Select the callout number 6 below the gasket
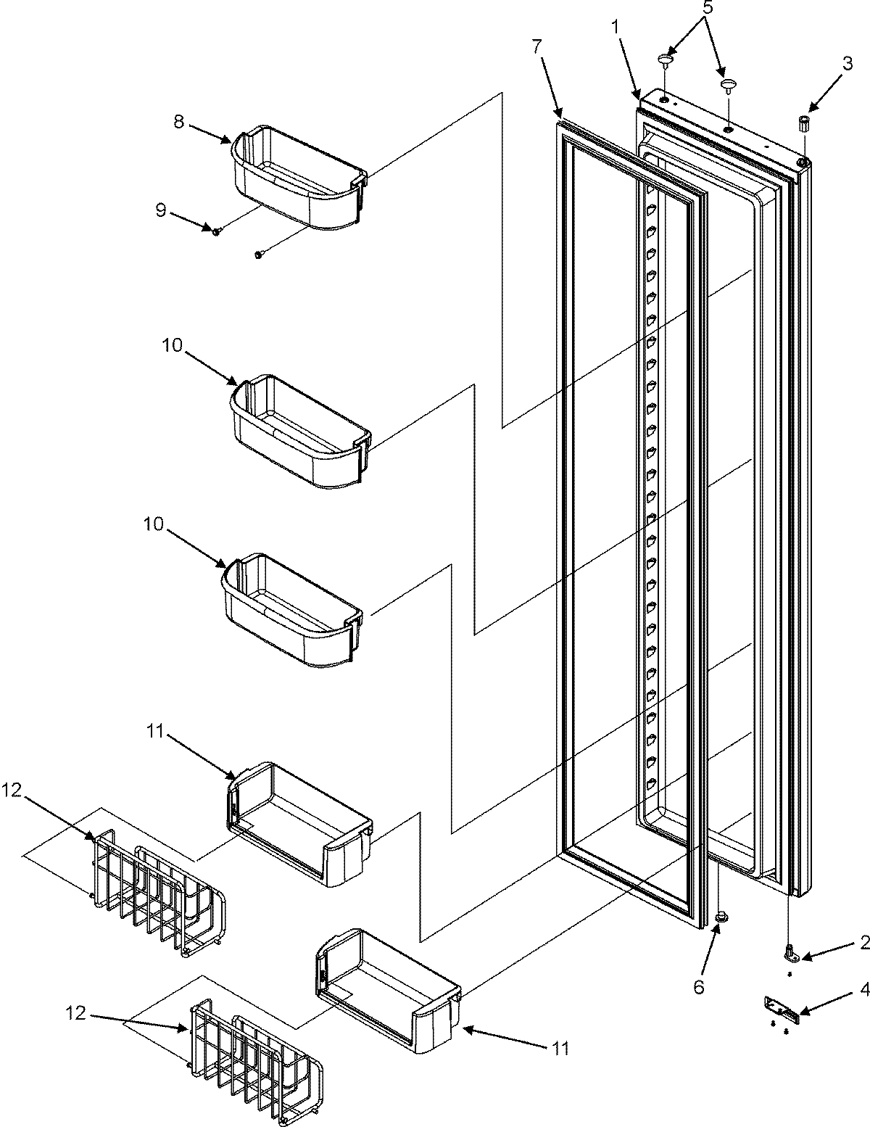[x=698, y=967]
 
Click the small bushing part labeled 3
[x=803, y=122]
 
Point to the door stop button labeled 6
[x=721, y=917]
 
